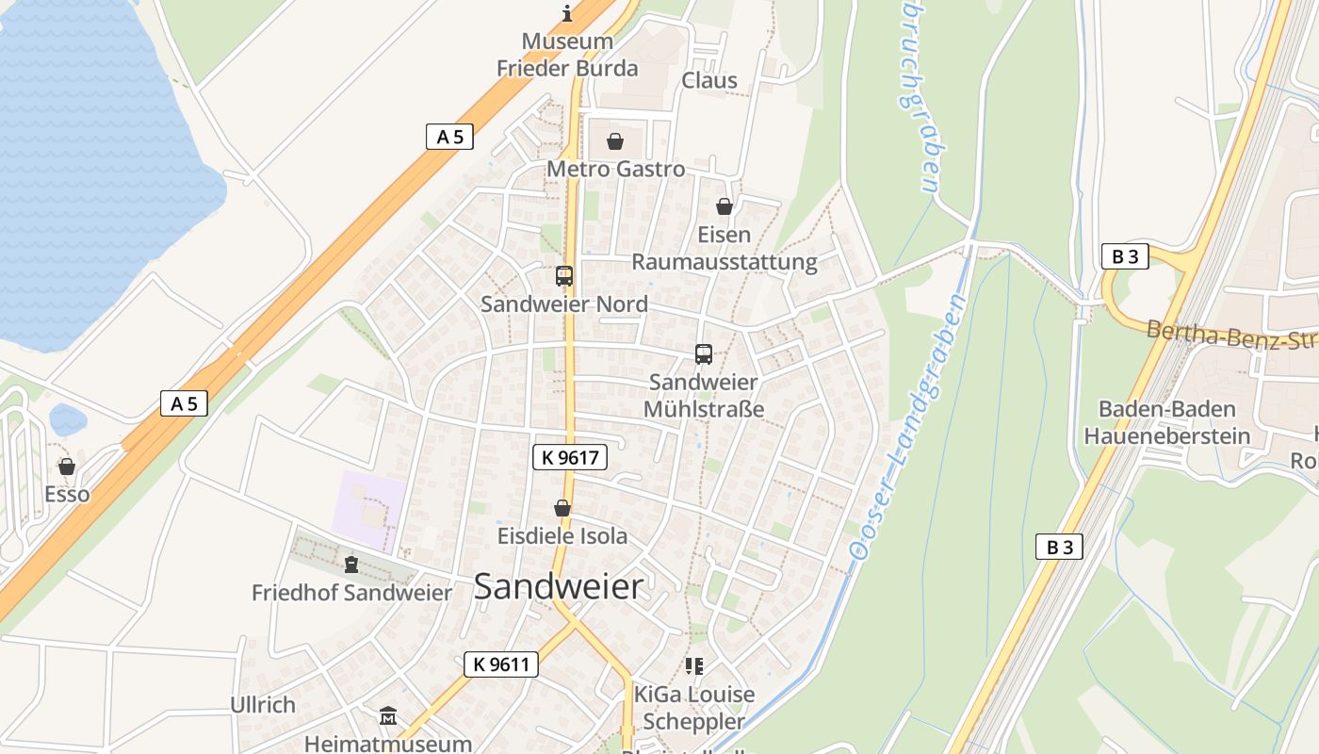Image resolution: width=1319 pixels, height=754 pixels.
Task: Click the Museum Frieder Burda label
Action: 567,55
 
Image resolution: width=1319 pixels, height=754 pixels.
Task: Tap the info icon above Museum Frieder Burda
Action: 567,13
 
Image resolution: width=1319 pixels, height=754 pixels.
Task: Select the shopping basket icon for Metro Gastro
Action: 615,141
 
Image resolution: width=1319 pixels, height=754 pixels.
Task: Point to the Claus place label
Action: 709,80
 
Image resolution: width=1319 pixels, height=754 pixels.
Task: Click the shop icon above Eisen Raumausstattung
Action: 725,206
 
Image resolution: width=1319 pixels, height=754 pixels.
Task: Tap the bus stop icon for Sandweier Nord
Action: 564,275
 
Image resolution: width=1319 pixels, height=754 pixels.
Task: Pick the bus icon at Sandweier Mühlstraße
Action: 704,354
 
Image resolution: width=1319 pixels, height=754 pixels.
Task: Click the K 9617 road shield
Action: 570,458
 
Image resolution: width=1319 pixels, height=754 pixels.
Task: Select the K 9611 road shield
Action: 501,664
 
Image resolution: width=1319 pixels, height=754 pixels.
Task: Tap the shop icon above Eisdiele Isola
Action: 562,509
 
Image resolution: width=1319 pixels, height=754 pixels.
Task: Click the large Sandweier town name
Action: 559,586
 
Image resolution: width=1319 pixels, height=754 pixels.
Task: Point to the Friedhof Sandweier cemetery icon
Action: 351,565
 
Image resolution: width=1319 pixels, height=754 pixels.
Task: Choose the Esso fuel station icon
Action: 67,467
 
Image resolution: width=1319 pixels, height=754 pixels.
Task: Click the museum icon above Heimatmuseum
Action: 388,716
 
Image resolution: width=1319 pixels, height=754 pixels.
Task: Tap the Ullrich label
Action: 263,704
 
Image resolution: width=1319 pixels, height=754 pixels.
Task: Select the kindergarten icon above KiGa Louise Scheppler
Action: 694,667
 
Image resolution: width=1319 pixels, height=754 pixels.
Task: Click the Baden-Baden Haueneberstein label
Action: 1166,422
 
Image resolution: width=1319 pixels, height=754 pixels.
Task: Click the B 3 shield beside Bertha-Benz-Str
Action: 1125,255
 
